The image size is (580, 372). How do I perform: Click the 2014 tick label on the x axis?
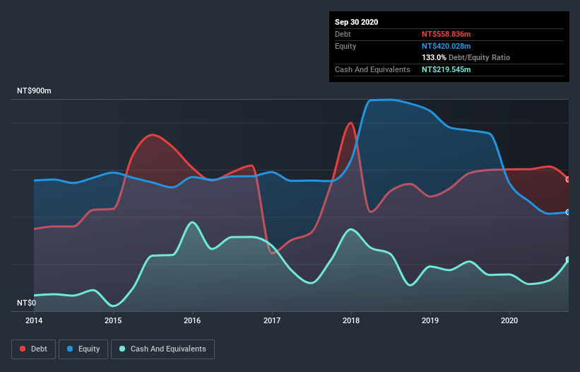pos(33,320)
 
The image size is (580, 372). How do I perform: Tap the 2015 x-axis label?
pos(113,320)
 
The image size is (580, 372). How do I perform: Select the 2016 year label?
pos(192,320)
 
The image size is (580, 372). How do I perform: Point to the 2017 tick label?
pos(272,320)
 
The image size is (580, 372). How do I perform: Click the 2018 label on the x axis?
pos(351,320)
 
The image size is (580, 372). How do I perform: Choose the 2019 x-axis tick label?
pos(430,320)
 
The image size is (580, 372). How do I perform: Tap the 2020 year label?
pos(509,320)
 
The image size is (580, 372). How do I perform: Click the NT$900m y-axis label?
pos(34,91)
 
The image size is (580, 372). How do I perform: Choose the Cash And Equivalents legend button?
pos(162,349)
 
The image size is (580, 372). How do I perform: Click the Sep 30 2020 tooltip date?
pos(356,22)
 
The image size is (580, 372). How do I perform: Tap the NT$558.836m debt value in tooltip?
pos(446,34)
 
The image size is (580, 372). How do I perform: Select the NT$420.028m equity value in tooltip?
pos(446,46)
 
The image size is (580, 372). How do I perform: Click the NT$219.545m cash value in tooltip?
pos(446,69)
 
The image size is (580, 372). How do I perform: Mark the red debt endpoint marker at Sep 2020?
pos(568,179)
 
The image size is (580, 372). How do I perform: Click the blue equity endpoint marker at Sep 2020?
pos(568,212)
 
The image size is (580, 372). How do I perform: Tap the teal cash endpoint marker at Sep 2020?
pos(568,260)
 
